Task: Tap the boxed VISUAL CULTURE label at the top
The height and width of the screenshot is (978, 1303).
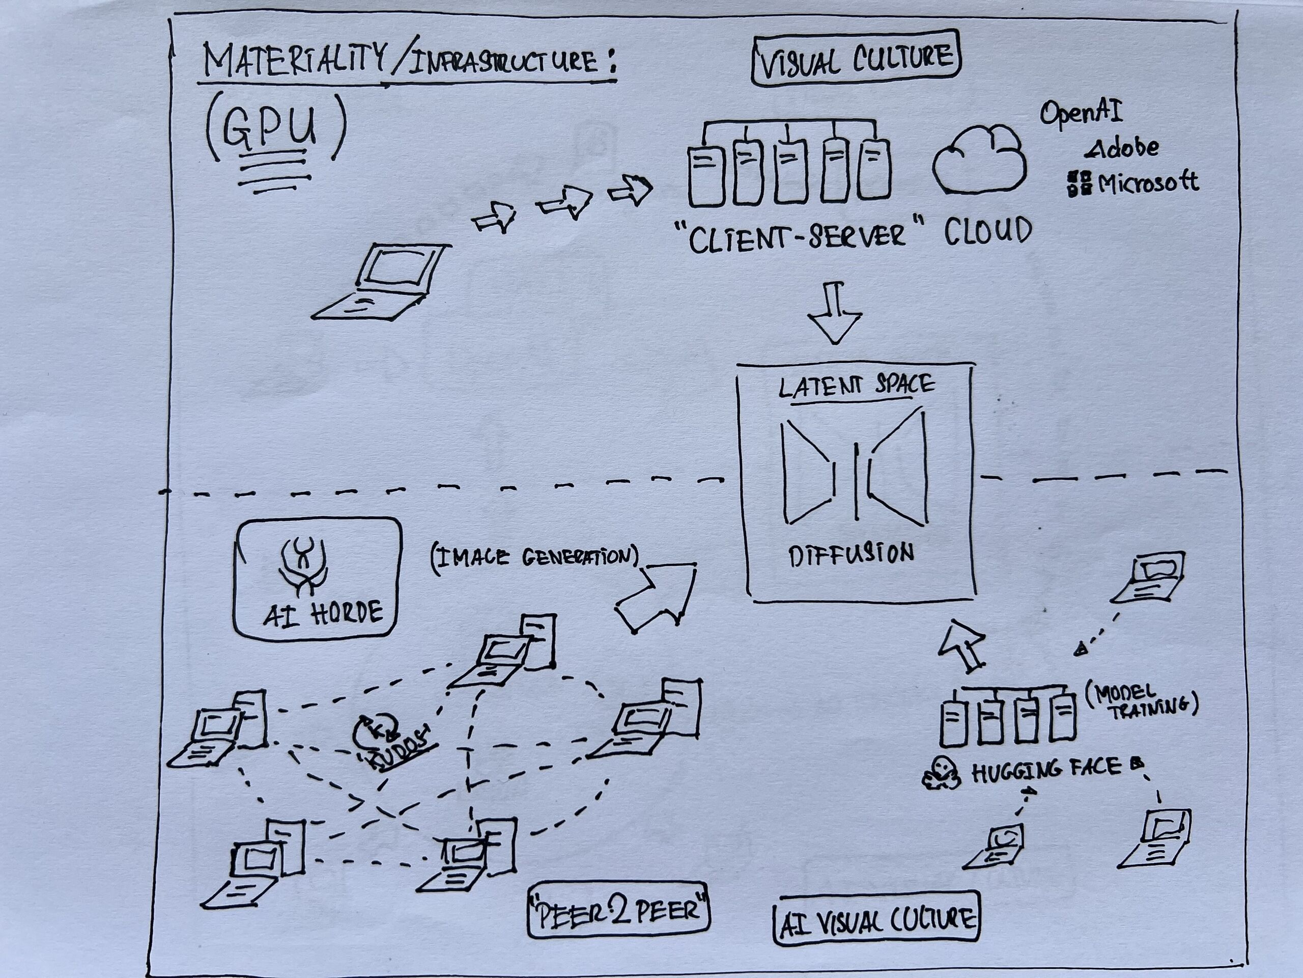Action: [x=856, y=59]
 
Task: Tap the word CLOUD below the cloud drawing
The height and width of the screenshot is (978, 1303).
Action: [x=988, y=232]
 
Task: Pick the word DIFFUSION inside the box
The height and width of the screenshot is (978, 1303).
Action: [x=851, y=555]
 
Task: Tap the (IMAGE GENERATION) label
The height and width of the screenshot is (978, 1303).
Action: [x=535, y=557]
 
